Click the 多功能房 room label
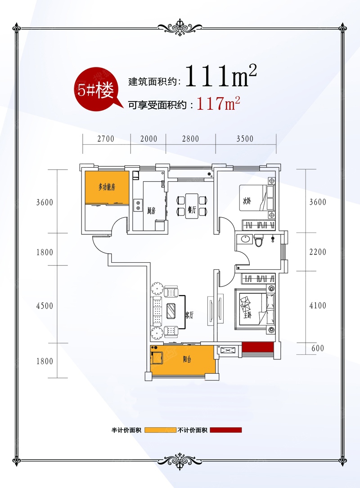click(107, 187)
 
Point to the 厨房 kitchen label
click(151, 211)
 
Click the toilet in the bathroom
click(258, 240)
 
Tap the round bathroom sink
click(245, 239)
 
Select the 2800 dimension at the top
click(190, 139)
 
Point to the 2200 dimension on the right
click(318, 252)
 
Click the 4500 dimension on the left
click(45, 306)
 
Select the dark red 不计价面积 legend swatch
click(225, 430)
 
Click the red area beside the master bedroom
click(258, 347)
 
